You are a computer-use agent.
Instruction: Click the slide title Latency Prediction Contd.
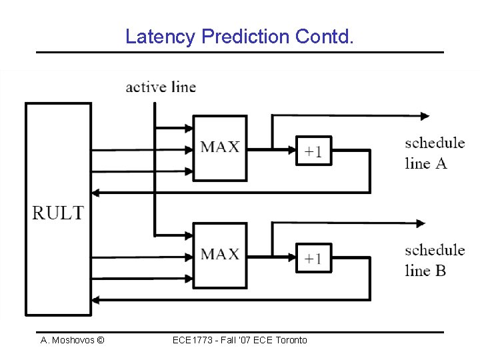click(239, 36)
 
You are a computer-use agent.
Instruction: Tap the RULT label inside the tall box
click(58, 213)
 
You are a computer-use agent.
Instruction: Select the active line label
click(161, 87)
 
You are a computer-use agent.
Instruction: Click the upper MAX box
click(219, 147)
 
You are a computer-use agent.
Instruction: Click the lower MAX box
click(219, 254)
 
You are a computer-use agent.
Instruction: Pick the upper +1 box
click(313, 151)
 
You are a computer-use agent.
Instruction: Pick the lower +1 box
click(313, 257)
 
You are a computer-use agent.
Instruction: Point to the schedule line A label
click(434, 153)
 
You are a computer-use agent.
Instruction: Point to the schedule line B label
click(434, 260)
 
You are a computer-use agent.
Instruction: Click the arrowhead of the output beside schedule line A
click(424, 115)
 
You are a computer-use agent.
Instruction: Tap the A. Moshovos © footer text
click(72, 340)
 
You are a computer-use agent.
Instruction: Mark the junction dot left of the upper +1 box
click(272, 149)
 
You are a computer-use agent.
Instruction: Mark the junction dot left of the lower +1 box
click(272, 255)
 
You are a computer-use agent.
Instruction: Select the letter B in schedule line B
click(440, 270)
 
